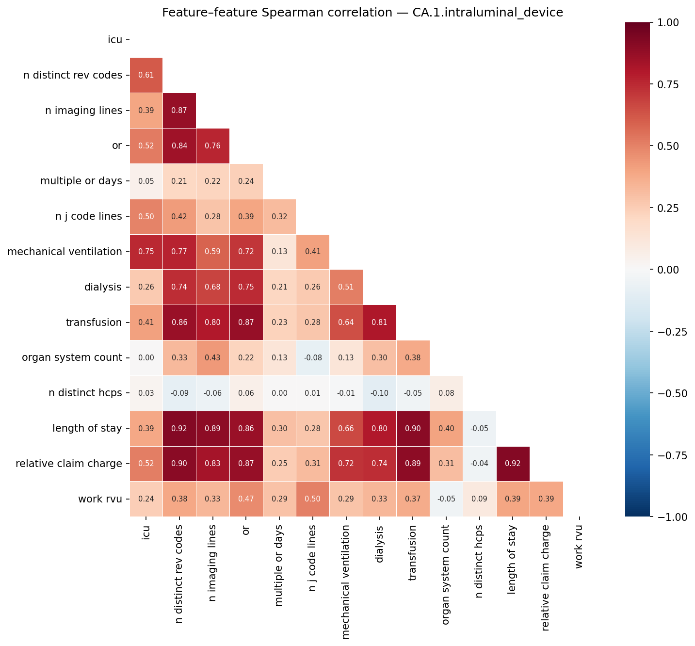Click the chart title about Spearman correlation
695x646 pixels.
click(362, 13)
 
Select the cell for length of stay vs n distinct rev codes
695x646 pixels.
click(179, 429)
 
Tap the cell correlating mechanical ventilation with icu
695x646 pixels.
click(146, 252)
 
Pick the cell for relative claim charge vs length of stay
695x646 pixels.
click(513, 464)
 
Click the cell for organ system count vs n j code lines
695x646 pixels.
click(313, 358)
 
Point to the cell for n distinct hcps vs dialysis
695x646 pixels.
click(380, 393)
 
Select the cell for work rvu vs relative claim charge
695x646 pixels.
click(547, 499)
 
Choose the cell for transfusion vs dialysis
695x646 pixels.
click(380, 323)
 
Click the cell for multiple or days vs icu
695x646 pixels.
click(146, 181)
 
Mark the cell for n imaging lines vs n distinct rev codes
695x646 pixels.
click(179, 110)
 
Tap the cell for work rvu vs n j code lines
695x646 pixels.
click(313, 499)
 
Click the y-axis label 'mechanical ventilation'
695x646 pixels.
click(65, 252)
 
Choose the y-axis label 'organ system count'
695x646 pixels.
click(72, 358)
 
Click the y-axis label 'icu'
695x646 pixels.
click(115, 40)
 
